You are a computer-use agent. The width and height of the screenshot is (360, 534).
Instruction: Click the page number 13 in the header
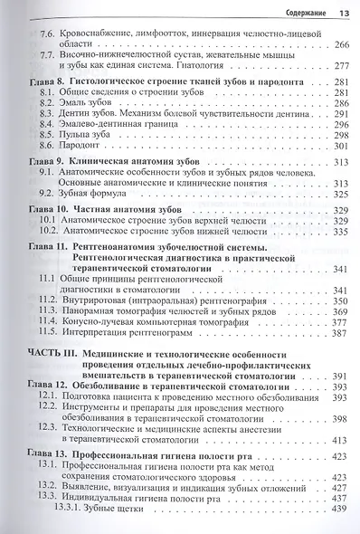click(344, 13)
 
